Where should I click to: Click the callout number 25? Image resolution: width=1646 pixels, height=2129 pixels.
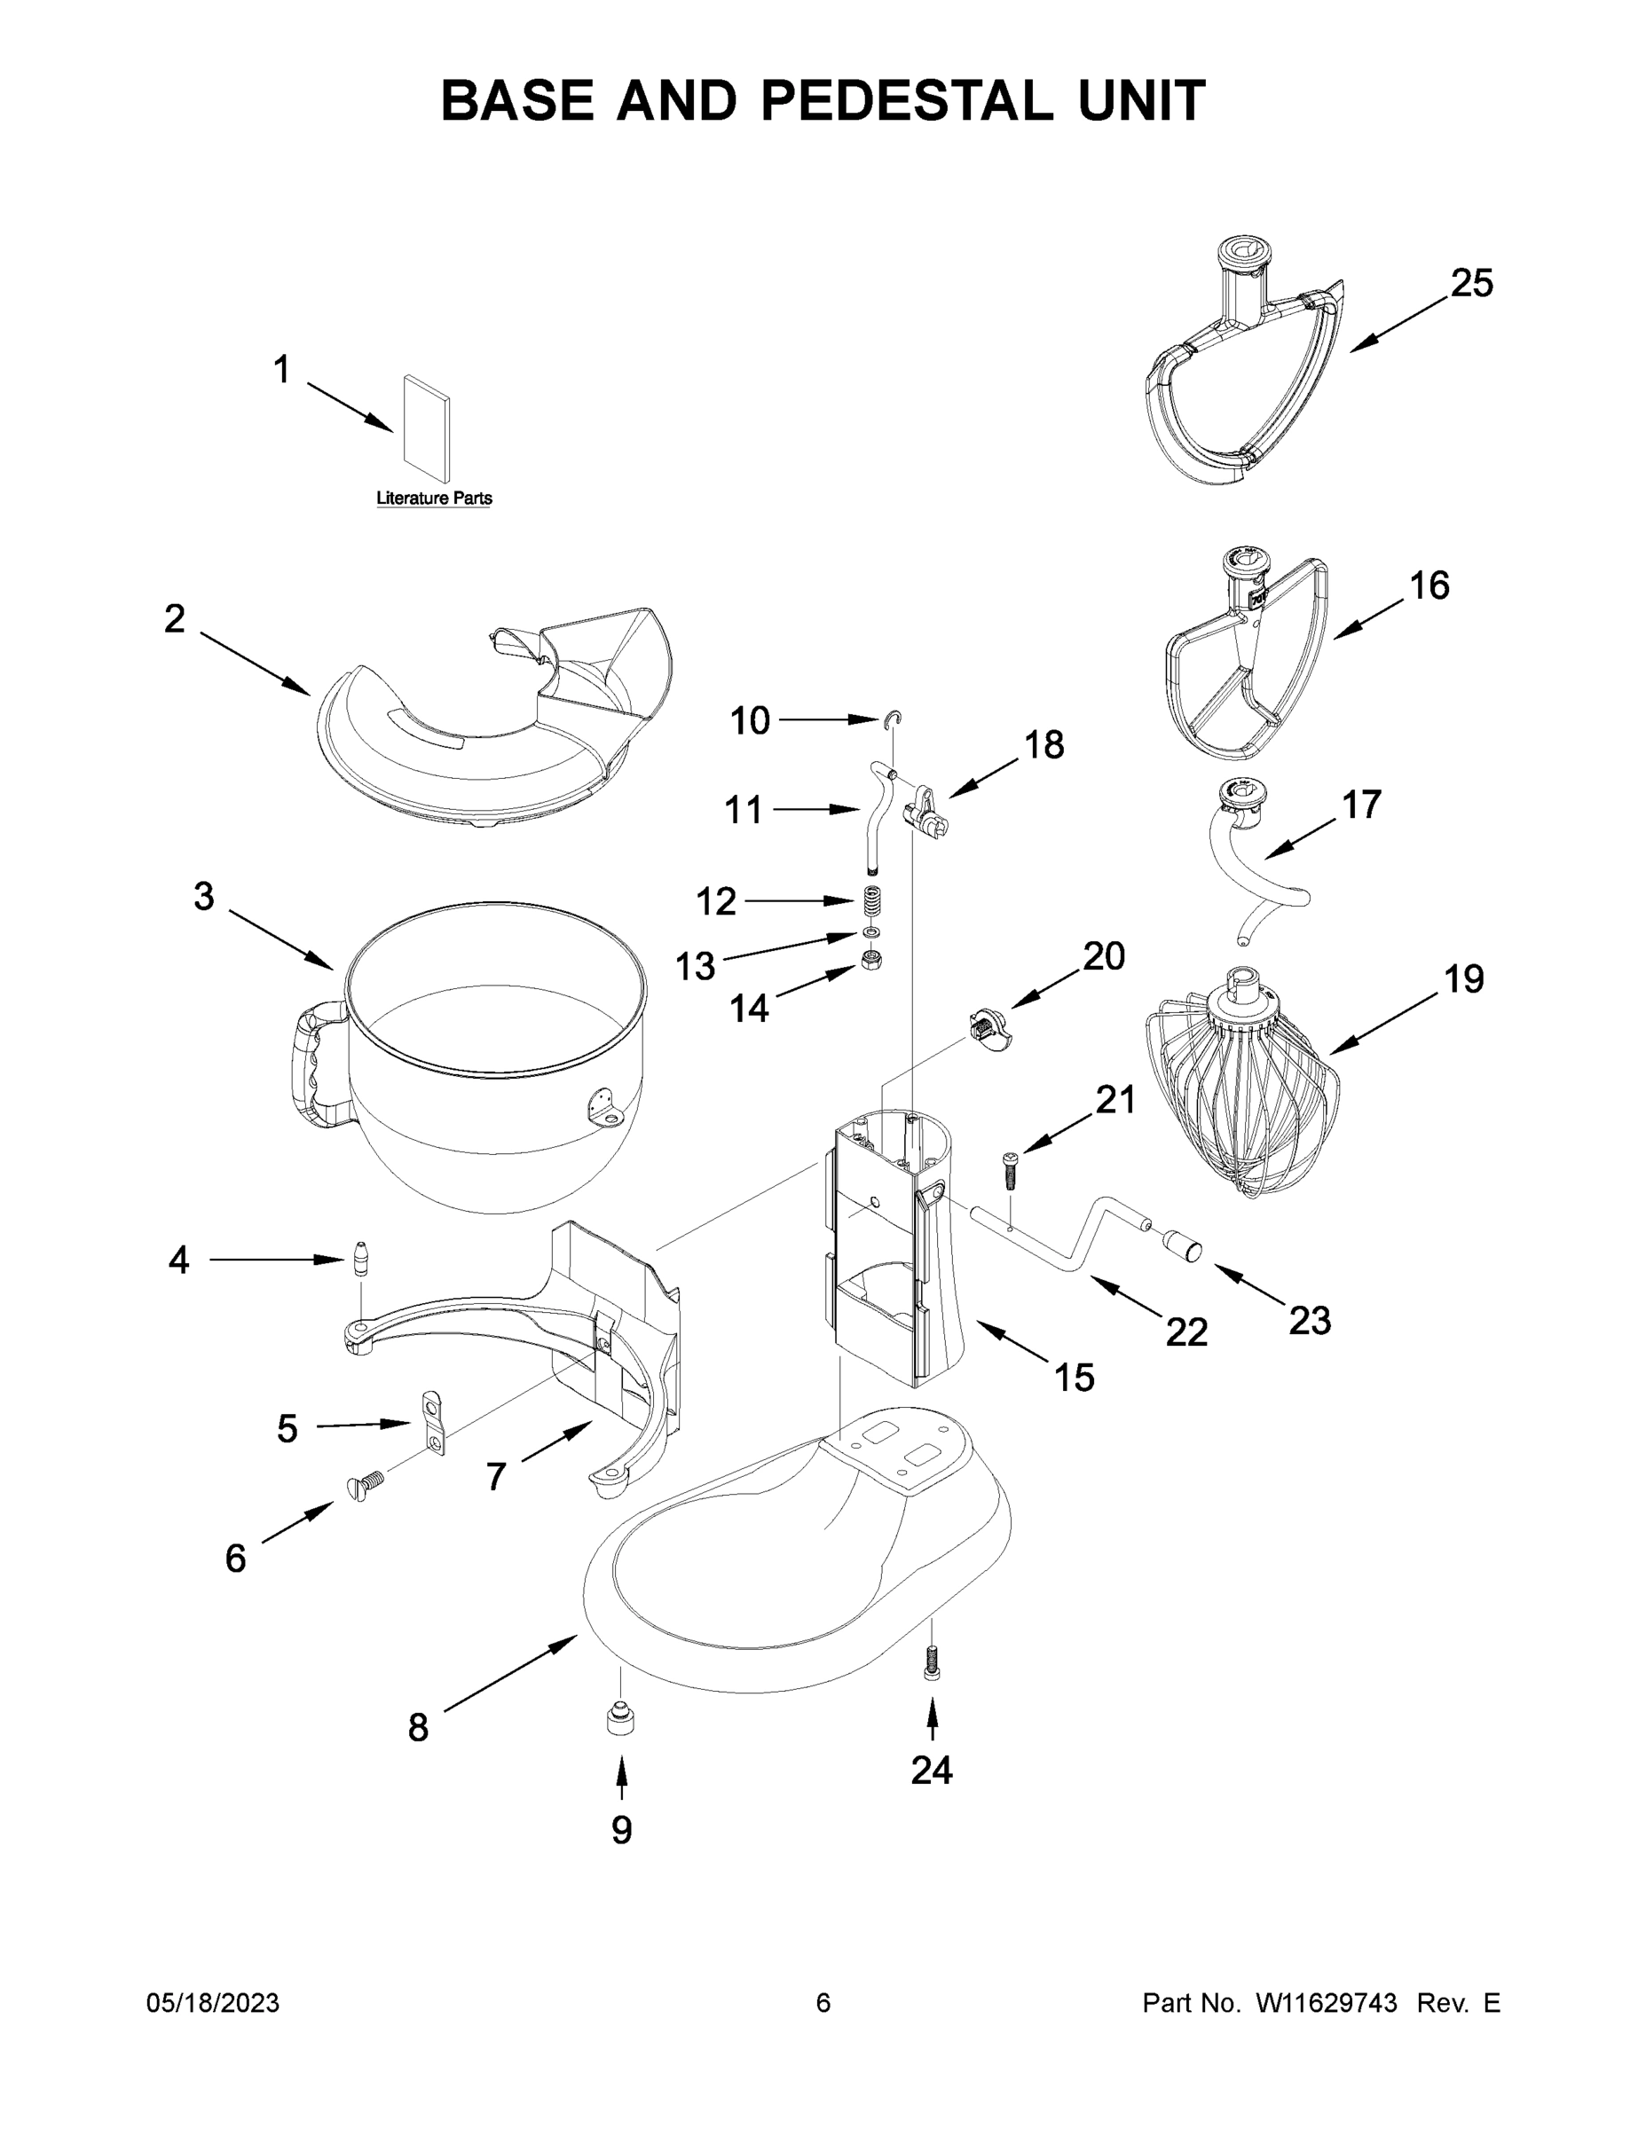pos(1470,284)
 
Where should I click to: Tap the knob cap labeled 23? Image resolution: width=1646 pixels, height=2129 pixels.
pos(1181,1245)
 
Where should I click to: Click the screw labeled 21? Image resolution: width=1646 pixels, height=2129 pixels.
pos(1009,1167)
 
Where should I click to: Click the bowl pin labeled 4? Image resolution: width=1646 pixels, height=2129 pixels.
pos(361,1259)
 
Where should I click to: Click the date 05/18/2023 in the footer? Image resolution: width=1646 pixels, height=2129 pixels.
pos(213,2003)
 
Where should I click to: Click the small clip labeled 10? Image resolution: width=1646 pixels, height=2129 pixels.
pos(894,719)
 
